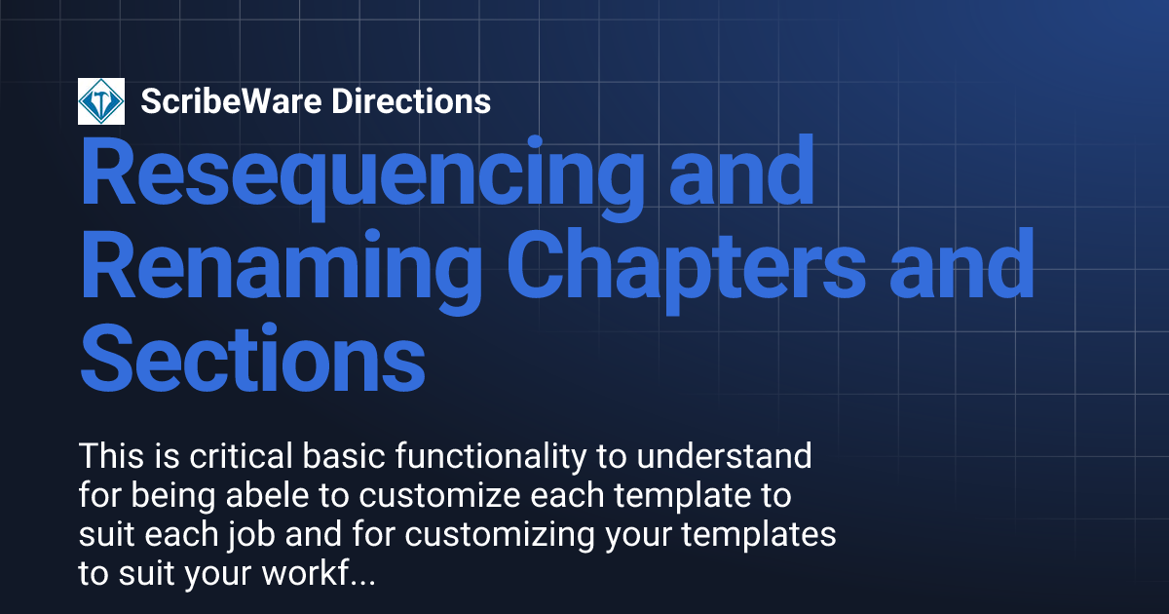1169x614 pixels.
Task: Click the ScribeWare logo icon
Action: click(101, 100)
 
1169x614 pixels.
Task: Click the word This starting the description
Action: click(110, 455)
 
